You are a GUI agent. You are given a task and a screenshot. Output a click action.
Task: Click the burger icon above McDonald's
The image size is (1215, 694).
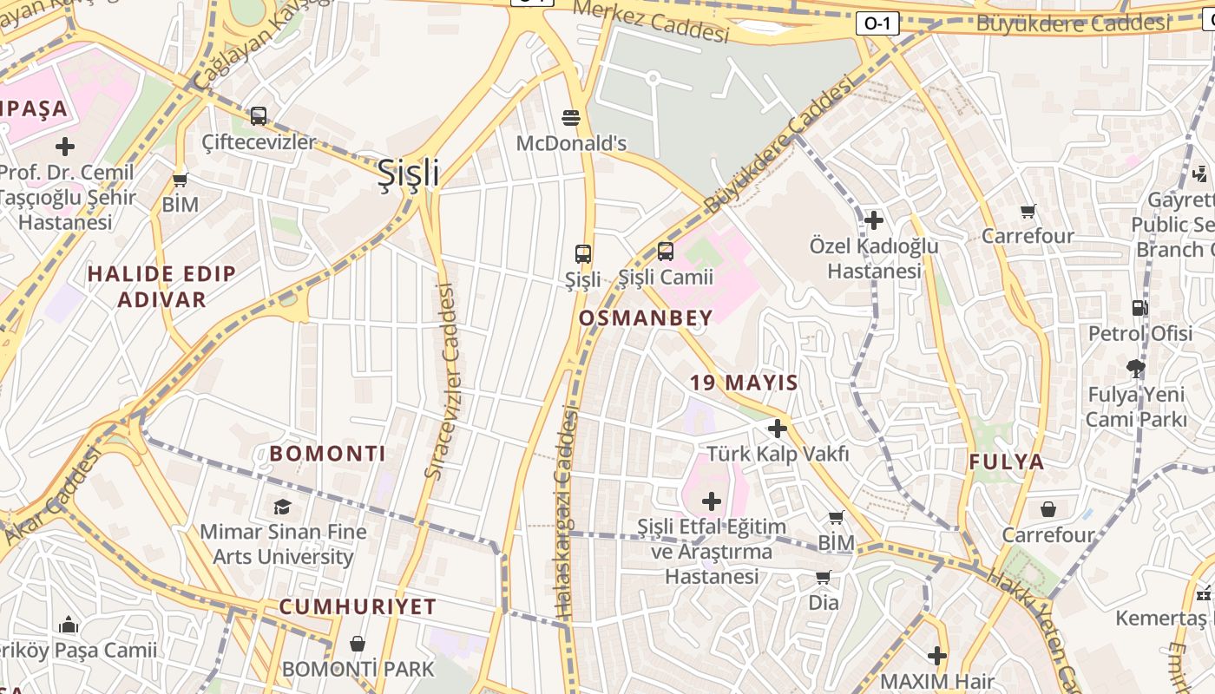[571, 117]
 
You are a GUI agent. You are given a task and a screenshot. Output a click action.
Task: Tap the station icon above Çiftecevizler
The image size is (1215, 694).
[259, 115]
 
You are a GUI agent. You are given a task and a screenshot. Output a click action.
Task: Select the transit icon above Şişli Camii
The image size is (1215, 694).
[666, 252]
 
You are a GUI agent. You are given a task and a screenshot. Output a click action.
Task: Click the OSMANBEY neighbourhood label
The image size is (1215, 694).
[645, 318]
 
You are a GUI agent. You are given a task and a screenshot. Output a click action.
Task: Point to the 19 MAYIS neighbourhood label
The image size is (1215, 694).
[744, 383]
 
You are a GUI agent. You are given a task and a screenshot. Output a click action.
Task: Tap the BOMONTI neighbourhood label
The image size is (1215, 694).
[327, 454]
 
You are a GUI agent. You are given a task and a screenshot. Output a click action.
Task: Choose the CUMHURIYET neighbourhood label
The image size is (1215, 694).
[358, 606]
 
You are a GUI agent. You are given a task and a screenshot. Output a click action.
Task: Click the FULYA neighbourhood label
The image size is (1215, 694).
[1007, 462]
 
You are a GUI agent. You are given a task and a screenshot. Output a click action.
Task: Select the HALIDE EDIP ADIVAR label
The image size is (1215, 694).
[161, 286]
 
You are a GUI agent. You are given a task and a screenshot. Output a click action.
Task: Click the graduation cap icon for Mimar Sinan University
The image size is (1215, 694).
[282, 507]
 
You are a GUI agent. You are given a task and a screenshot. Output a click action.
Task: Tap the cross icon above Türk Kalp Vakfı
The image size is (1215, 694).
[778, 429]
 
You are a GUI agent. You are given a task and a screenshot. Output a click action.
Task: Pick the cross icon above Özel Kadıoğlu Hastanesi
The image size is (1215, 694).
[874, 220]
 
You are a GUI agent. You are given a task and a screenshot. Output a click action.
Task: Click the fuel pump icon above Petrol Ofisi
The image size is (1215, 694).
[1139, 308]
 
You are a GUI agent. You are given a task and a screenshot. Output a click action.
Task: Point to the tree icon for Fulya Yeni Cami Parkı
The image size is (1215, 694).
[1136, 369]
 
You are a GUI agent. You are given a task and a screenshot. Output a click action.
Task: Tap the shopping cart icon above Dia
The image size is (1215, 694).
[823, 577]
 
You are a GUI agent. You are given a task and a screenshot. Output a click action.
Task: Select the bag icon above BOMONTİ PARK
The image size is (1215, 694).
[357, 644]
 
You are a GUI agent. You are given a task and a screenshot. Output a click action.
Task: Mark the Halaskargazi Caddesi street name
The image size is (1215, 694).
[566, 512]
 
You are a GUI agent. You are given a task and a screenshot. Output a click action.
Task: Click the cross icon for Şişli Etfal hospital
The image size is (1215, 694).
[712, 501]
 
